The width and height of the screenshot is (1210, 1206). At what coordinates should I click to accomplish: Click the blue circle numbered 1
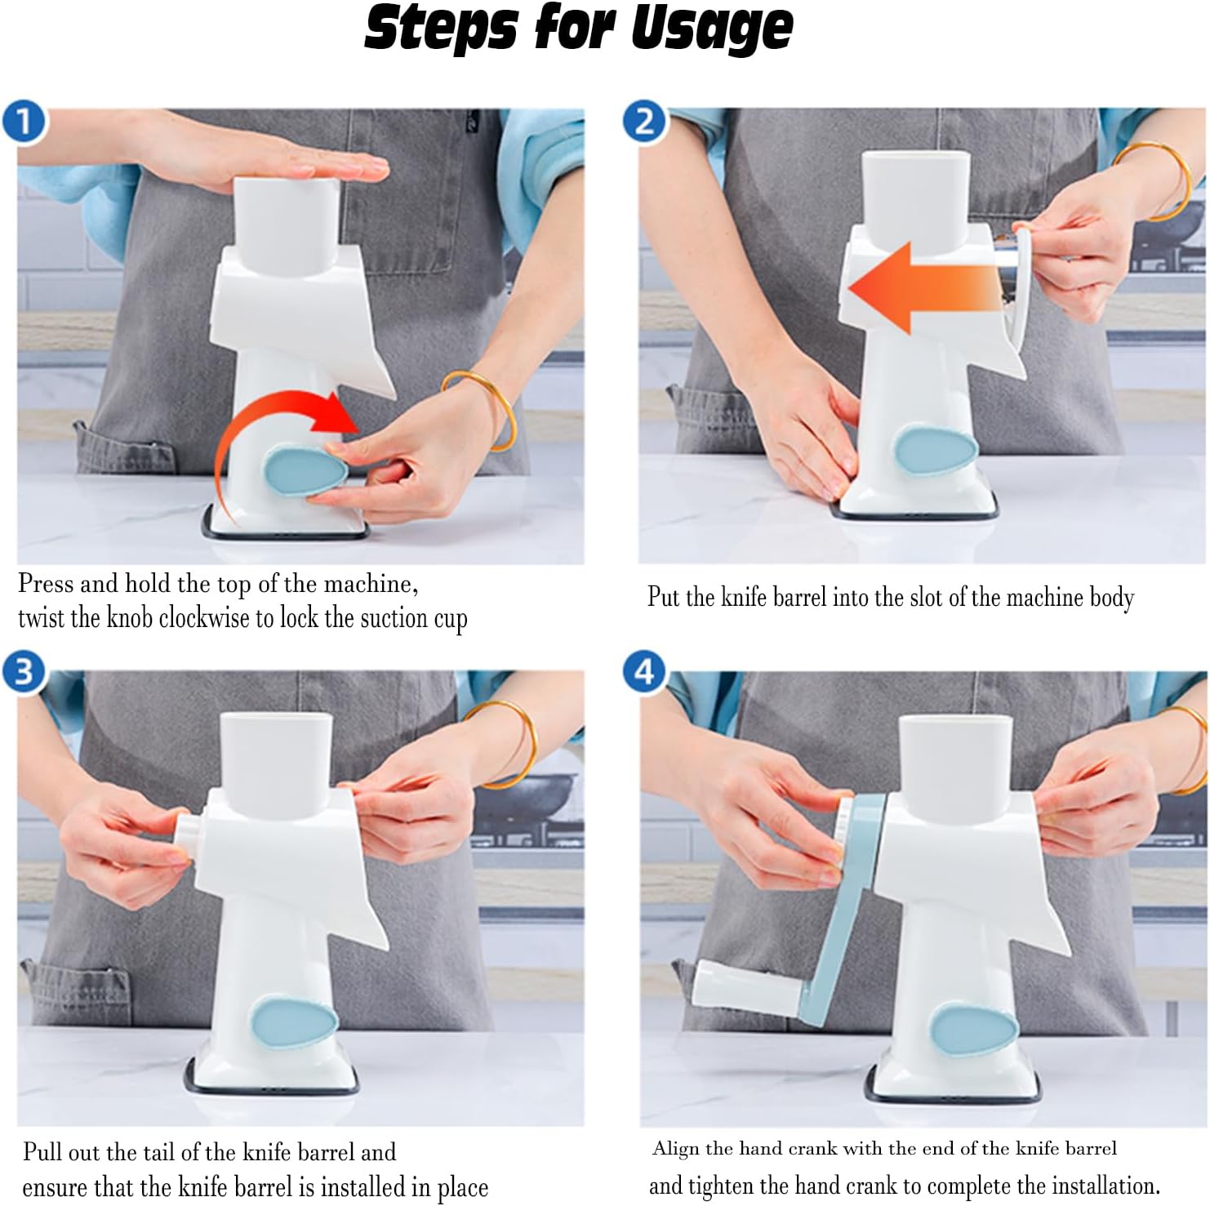coord(24,122)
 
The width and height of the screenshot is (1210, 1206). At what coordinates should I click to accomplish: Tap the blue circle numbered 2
coord(645,122)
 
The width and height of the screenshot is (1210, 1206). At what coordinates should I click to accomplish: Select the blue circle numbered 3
coord(24,671)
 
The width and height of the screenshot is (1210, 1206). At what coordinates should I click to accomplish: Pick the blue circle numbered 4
coord(645,671)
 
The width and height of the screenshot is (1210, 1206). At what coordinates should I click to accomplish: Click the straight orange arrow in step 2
coord(926,288)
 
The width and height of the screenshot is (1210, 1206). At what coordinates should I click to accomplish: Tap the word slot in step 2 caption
coord(927,597)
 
